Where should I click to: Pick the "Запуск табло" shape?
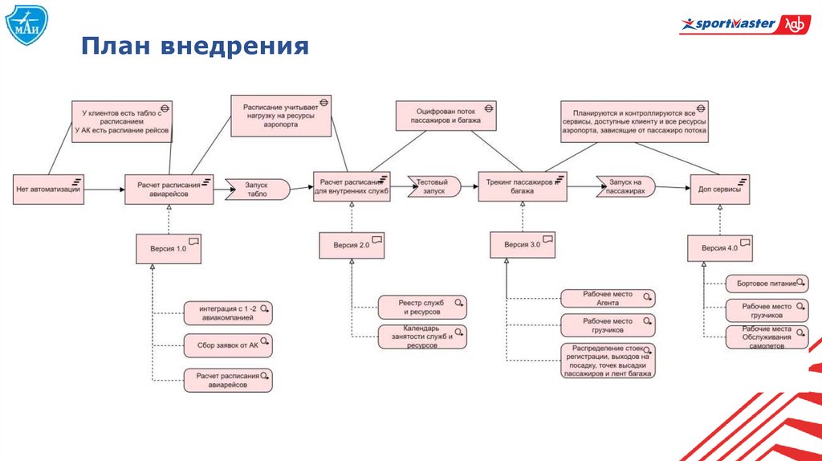click(x=257, y=190)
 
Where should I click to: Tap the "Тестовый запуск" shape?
click(x=434, y=187)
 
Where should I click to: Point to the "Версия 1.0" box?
click(x=169, y=248)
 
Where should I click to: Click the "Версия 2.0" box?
click(x=352, y=246)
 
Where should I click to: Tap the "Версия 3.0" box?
click(x=523, y=244)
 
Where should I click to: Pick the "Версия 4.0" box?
click(x=721, y=248)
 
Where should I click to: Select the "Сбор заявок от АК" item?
click(x=228, y=345)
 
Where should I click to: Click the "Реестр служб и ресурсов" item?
click(x=421, y=307)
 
